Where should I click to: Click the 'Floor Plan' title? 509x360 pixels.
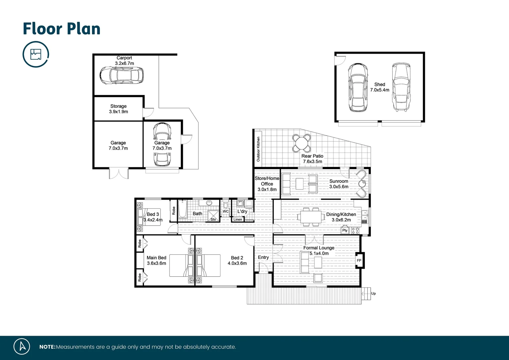pyautogui.click(x=62, y=29)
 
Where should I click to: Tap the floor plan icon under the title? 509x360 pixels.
pyautogui.click(x=36, y=54)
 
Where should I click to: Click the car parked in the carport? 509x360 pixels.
pyautogui.click(x=122, y=75)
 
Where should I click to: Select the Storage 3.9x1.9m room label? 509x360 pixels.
pyautogui.click(x=118, y=109)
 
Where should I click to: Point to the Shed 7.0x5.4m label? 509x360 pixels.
pyautogui.click(x=379, y=87)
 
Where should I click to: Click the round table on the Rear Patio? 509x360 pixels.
pyautogui.click(x=301, y=143)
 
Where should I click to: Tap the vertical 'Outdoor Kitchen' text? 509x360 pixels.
pyautogui.click(x=258, y=149)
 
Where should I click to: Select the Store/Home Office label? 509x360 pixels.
pyautogui.click(x=267, y=184)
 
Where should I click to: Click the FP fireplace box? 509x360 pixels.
pyautogui.click(x=359, y=260)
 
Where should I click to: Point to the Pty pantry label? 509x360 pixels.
pyautogui.click(x=345, y=230)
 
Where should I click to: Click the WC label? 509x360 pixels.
pyautogui.click(x=226, y=211)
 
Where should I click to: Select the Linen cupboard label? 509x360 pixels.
pyautogui.click(x=238, y=219)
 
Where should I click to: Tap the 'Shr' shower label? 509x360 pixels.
pyautogui.click(x=213, y=219)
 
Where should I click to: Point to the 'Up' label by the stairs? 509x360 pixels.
pyautogui.click(x=373, y=293)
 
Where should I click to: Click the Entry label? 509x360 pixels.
pyautogui.click(x=263, y=257)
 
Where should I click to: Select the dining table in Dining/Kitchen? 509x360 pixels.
pyautogui.click(x=311, y=217)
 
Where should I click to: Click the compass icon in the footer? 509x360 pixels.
pyautogui.click(x=22, y=346)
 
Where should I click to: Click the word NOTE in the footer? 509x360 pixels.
pyautogui.click(x=47, y=347)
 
